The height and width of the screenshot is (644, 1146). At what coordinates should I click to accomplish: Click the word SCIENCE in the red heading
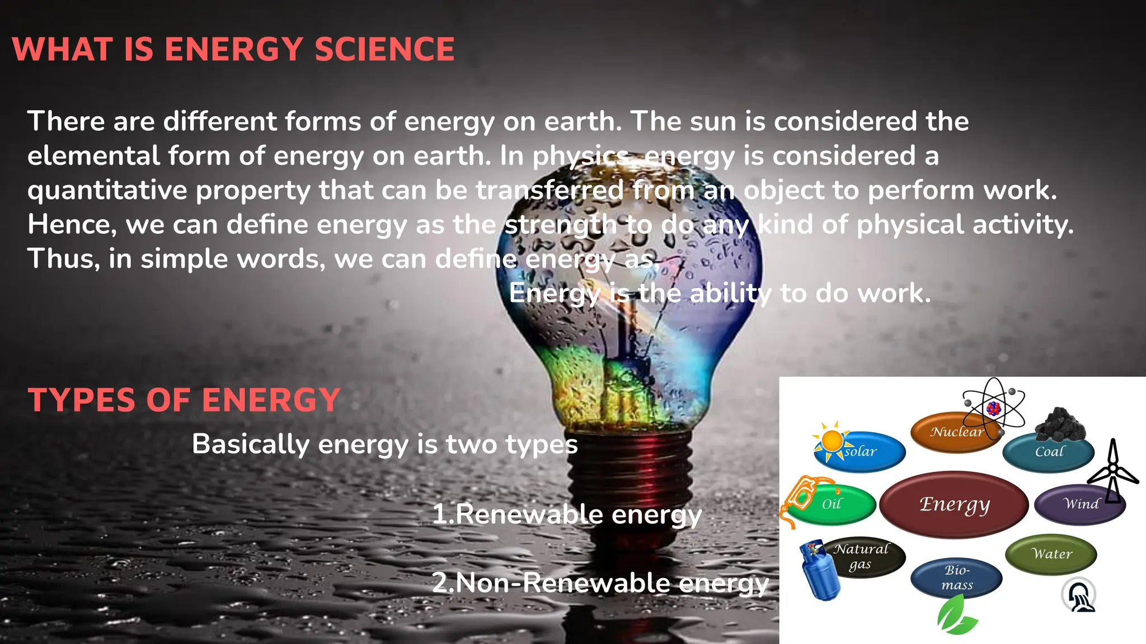[384, 49]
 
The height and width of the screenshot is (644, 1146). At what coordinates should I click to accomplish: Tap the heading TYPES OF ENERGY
[184, 400]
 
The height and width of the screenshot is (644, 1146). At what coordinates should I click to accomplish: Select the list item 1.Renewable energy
[566, 514]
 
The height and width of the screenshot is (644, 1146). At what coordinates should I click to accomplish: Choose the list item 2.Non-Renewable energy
[600, 583]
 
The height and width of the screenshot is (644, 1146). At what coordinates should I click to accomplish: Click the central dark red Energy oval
[954, 504]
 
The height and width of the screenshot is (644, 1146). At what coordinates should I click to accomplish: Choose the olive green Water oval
[1051, 554]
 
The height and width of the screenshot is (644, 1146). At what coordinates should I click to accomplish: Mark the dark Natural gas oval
[865, 556]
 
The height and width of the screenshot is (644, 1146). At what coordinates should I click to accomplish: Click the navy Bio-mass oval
[956, 577]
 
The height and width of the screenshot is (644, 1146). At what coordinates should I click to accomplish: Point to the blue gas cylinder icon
[819, 571]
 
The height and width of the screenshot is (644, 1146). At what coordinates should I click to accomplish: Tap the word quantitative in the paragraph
[107, 191]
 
